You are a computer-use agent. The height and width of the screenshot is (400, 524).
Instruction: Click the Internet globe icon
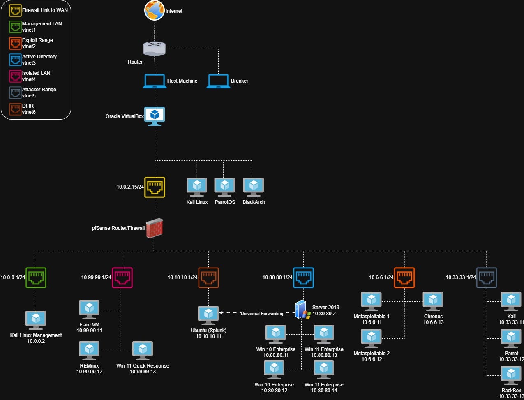tap(154, 10)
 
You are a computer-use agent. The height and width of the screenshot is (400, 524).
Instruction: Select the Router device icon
tap(154, 48)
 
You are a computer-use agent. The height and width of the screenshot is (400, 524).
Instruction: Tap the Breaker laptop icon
tap(218, 81)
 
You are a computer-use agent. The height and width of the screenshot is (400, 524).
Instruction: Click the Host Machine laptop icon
tap(155, 81)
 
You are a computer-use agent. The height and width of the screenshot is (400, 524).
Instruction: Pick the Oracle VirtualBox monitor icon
tap(155, 116)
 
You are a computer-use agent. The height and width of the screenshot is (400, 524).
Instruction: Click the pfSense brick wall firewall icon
tap(155, 228)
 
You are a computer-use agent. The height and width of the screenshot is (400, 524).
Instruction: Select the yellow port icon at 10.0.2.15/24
tap(155, 187)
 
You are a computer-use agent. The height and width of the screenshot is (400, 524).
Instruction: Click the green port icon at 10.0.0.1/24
tap(36, 277)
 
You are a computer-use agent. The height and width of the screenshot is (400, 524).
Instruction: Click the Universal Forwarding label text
tap(262, 314)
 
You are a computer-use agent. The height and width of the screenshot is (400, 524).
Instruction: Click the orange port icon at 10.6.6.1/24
tap(404, 277)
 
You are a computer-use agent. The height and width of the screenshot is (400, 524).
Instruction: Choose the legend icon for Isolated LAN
tap(16, 76)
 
